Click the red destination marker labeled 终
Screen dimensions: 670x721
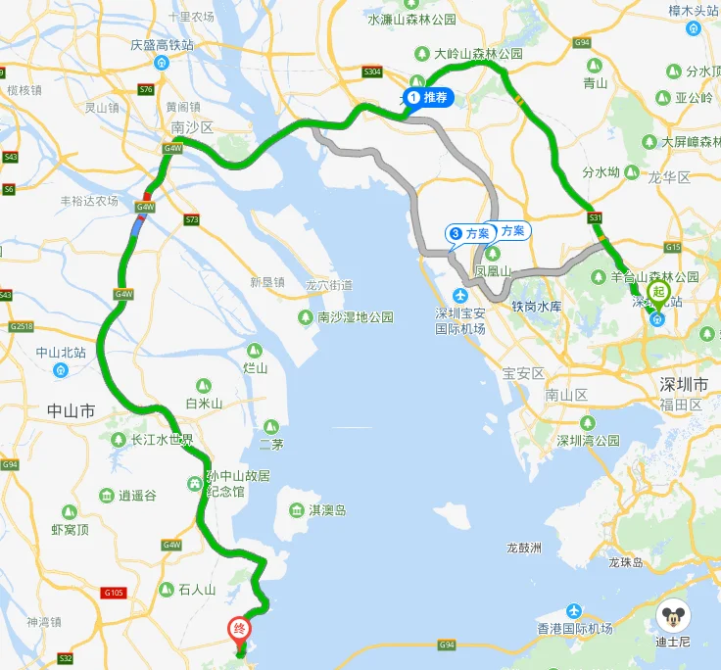(237, 629)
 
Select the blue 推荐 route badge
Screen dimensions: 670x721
(428, 97)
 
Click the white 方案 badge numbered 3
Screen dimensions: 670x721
(469, 233)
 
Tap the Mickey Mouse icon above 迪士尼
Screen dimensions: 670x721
(672, 616)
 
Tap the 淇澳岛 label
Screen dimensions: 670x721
(327, 510)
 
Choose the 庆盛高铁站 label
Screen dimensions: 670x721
(162, 45)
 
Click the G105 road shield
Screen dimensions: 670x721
(116, 593)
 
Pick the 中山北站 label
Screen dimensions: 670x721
(61, 353)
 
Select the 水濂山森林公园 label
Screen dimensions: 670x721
(411, 19)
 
